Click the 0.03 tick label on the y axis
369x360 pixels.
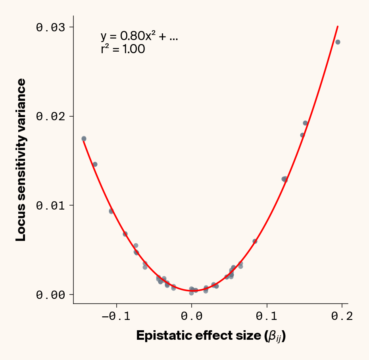coord(50,27)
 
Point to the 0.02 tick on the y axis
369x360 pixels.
coord(50,116)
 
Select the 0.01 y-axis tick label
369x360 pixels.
coord(50,205)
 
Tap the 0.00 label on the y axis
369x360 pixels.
coord(50,295)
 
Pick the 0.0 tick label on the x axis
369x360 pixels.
coord(192,316)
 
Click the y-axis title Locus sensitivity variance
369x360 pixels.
coord(21,160)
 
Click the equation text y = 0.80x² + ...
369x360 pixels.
coord(139,37)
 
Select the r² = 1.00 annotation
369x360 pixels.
coord(123,50)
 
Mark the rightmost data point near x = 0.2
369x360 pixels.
coord(338,42)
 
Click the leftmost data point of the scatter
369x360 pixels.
coord(84,139)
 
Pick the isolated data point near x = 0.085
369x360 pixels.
coord(255,241)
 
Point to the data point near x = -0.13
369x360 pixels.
coord(95,164)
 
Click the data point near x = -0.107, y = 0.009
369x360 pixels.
coord(111,211)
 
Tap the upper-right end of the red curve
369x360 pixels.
coord(338,27)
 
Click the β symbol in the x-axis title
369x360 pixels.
coord(273,336)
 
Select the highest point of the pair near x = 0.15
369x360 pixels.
coord(305,123)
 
